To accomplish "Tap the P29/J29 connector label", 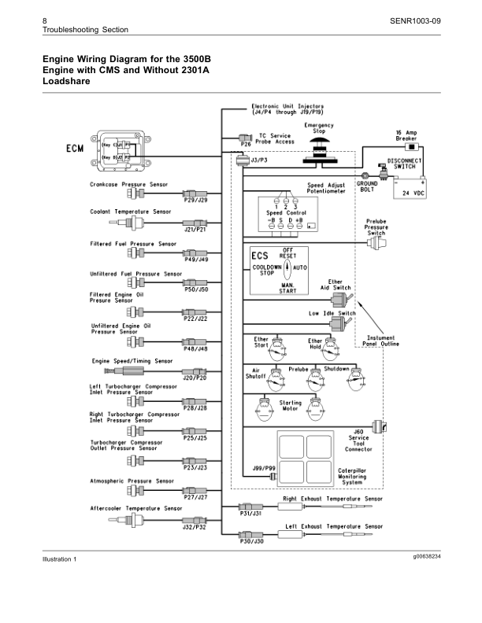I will (195, 201).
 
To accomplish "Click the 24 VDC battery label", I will (408, 192).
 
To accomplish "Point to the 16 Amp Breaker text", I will (406, 135).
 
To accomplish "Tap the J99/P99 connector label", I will (264, 468).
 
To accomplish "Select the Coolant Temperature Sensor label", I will (130, 212).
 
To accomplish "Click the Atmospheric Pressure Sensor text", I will (132, 480).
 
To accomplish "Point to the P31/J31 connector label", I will (251, 514).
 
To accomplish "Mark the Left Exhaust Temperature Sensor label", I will (334, 525).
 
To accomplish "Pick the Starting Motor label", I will (291, 405).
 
